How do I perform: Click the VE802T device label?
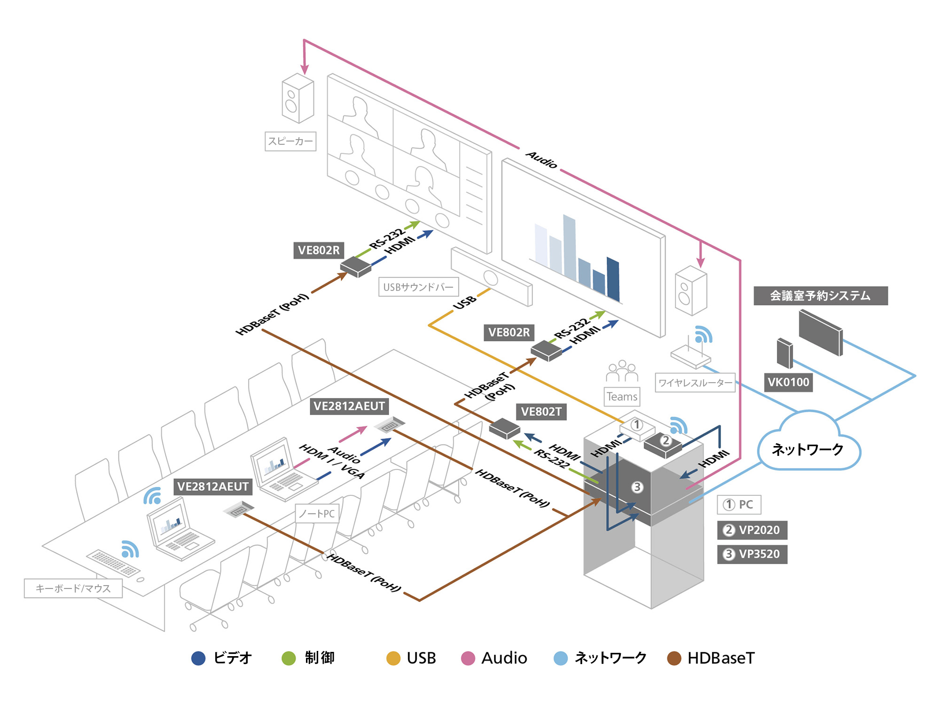541,412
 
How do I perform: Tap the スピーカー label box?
290,141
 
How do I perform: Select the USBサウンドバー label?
418,287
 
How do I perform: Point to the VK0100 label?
788,382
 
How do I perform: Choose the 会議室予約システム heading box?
820,296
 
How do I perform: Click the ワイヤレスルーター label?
695,383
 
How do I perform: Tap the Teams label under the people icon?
622,397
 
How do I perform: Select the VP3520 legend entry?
752,554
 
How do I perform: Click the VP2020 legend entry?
752,530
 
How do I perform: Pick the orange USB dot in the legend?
393,658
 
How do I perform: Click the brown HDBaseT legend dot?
674,658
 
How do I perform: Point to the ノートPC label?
317,514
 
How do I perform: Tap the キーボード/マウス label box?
73,588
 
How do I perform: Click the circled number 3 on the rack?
637,487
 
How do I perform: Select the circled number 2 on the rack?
666,440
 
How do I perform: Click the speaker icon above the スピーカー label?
297,98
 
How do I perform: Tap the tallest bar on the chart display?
570,247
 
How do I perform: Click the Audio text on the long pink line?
541,160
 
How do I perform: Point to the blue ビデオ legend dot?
198,658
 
